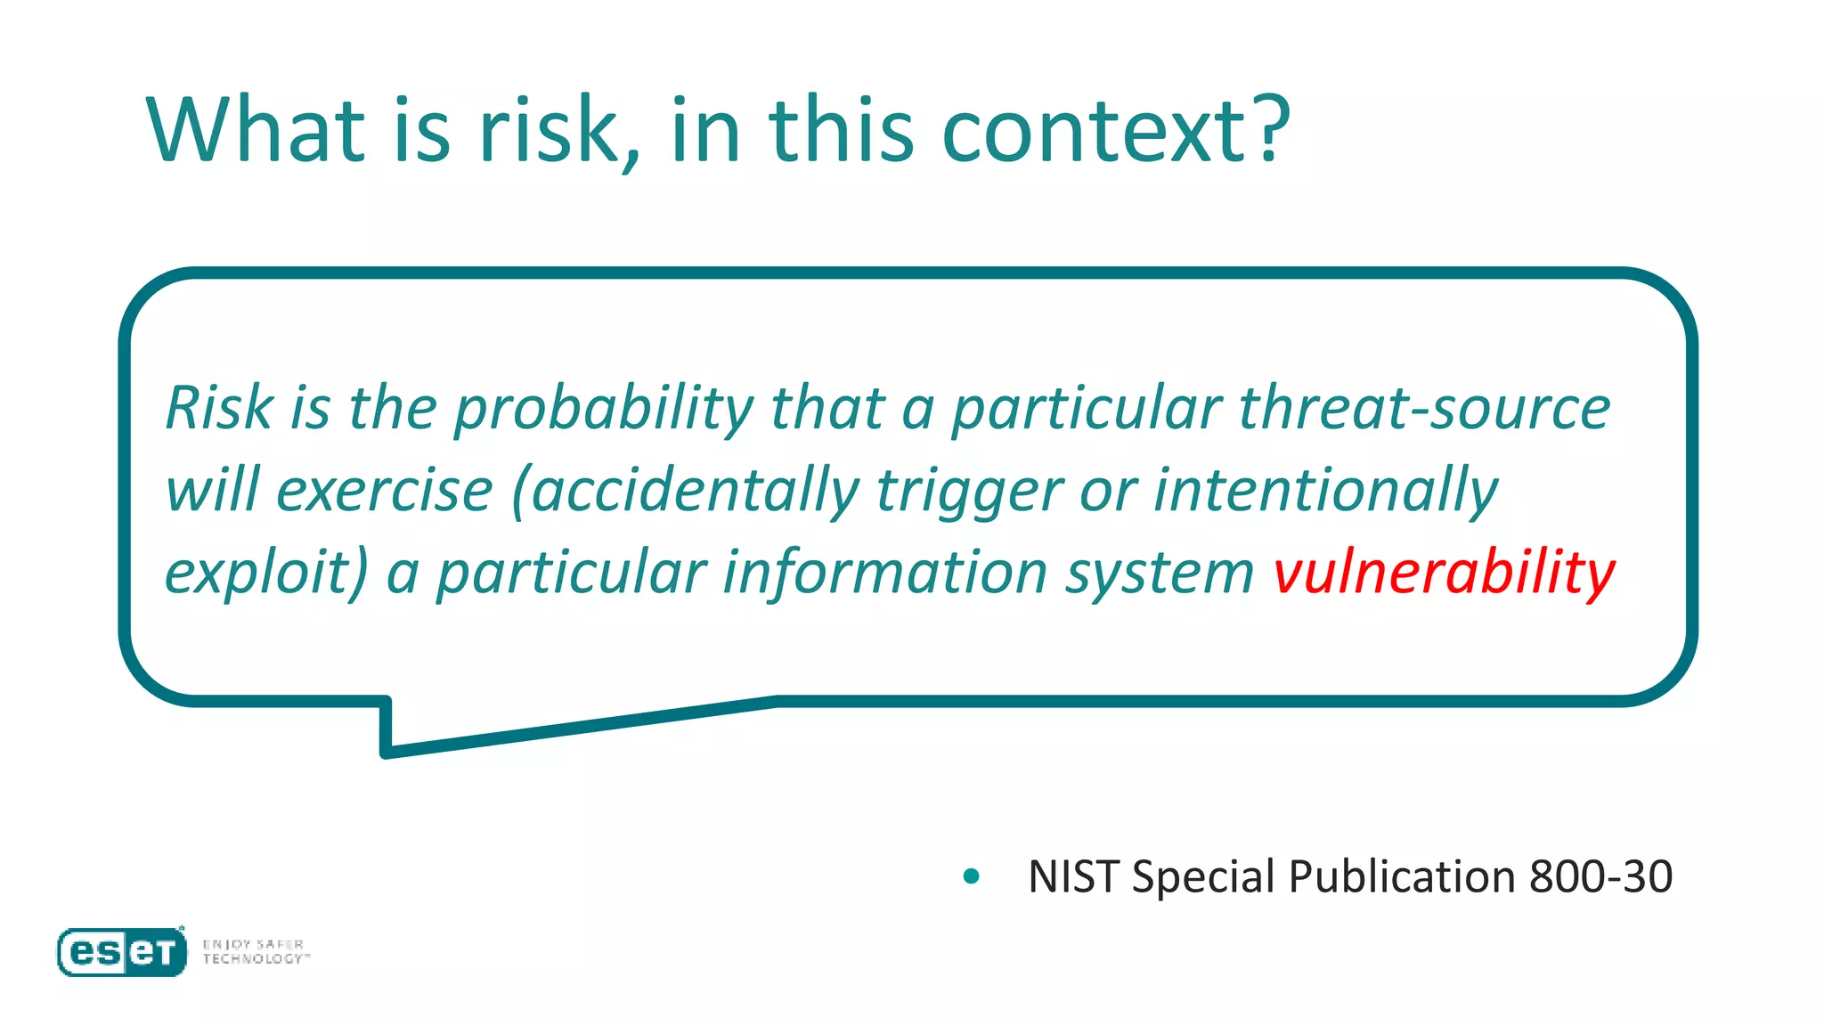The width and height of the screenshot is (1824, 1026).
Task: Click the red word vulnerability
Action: click(x=1444, y=573)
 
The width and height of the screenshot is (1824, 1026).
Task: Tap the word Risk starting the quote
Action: click(x=219, y=408)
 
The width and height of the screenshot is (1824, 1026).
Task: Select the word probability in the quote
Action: click(x=604, y=410)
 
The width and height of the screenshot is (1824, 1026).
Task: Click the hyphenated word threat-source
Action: click(x=1424, y=408)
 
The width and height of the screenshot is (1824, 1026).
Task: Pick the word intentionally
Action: click(x=1326, y=491)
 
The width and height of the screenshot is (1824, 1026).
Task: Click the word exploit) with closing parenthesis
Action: click(x=266, y=573)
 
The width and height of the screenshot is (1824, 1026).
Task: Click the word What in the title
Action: click(x=256, y=131)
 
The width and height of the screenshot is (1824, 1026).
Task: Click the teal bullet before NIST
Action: click(x=972, y=876)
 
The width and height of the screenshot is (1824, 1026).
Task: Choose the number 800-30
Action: click(x=1600, y=876)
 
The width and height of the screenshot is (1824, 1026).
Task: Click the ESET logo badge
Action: click(x=122, y=952)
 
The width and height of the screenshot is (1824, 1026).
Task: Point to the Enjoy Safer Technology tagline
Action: click(x=256, y=951)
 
